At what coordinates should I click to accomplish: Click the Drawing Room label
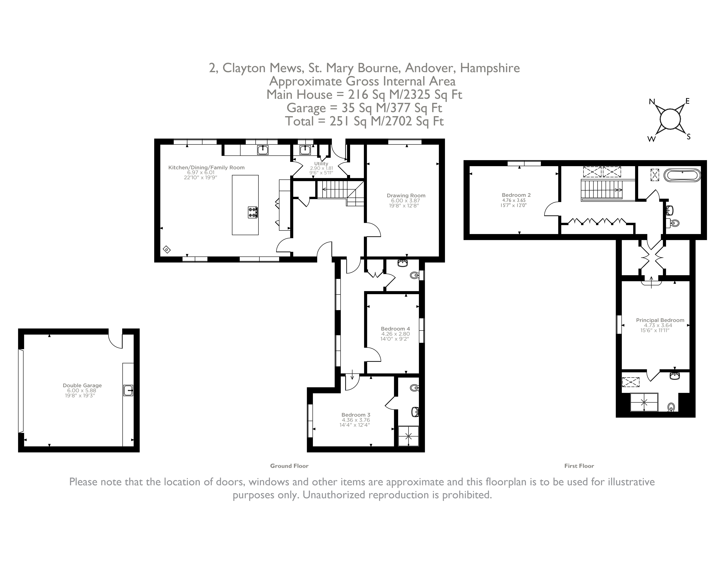[406, 195]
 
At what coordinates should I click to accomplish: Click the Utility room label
[321, 163]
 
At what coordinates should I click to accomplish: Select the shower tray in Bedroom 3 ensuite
[409, 436]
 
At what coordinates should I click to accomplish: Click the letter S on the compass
[688, 137]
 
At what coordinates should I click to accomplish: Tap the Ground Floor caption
[289, 466]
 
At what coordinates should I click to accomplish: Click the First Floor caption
[579, 466]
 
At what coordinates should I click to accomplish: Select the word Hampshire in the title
[490, 68]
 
